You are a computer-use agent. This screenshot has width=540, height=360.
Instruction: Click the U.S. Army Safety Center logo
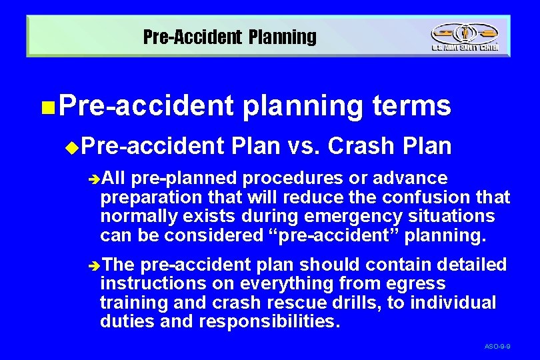pos(464,37)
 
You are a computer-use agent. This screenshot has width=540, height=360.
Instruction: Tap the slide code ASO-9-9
pos(497,347)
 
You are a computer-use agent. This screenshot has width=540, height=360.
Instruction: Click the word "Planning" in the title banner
pos(283,37)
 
